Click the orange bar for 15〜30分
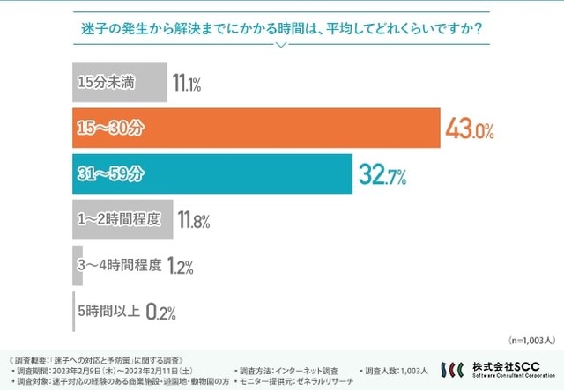tap(256, 129)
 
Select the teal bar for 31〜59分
tap(211, 174)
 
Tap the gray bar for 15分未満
tap(119, 83)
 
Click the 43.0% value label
tap(470, 130)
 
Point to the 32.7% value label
tap(382, 176)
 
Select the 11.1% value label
tap(187, 85)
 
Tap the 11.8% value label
tap(194, 222)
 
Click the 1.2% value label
tap(179, 267)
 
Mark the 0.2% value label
tap(160, 313)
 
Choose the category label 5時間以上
tap(108, 311)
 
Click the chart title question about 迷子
tap(281, 27)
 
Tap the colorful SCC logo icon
tap(452, 370)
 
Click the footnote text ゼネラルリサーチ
tap(325, 381)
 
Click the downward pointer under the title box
tap(281, 46)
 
